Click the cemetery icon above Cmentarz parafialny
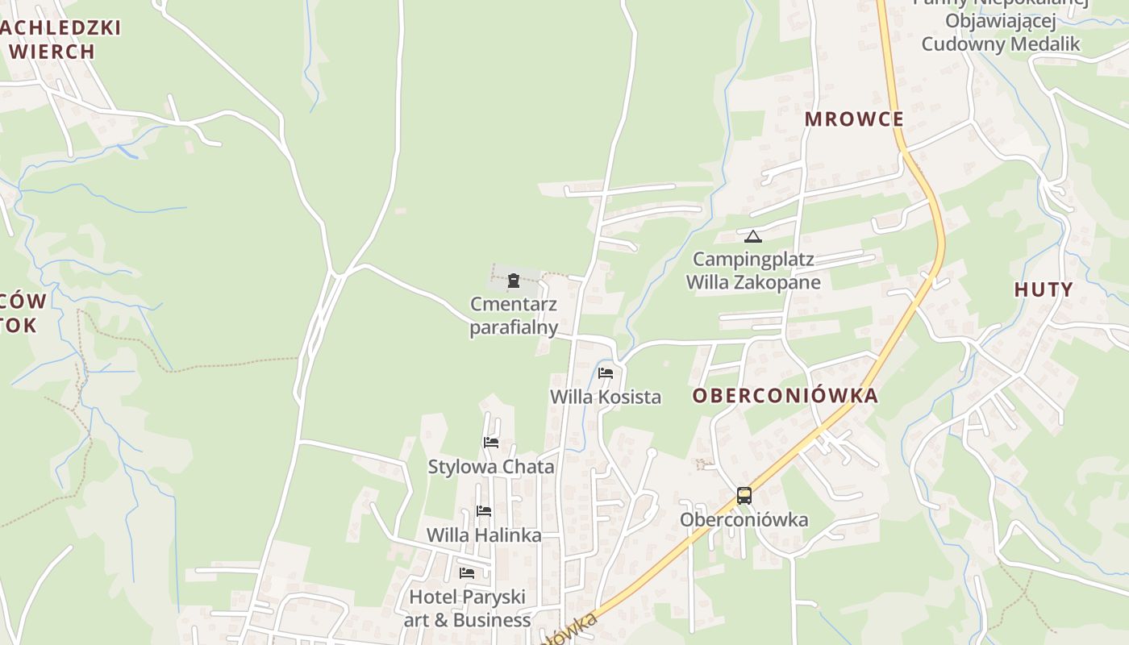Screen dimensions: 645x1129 point(513,281)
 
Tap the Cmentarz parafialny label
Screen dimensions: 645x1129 point(514,316)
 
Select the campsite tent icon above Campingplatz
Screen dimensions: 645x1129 point(752,236)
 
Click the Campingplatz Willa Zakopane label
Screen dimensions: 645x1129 point(753,271)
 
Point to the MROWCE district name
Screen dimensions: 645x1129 point(854,119)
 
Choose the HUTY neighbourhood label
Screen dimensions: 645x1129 point(1044,289)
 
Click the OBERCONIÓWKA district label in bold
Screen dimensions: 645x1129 point(785,396)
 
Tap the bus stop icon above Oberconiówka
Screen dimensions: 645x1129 point(744,496)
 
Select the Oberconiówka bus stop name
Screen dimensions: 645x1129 point(744,519)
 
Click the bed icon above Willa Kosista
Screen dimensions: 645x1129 point(606,373)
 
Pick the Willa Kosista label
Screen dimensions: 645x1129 point(606,397)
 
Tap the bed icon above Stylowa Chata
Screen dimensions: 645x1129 point(490,443)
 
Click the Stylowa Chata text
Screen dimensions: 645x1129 point(491,467)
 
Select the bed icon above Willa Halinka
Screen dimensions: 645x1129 point(484,511)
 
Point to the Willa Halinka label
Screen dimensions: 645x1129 point(484,535)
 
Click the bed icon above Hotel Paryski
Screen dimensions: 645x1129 point(467,573)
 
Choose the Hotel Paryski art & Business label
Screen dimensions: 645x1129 point(468,608)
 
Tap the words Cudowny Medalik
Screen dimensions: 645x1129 point(1000,44)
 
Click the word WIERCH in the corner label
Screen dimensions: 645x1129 point(53,52)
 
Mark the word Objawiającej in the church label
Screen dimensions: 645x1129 point(1000,21)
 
